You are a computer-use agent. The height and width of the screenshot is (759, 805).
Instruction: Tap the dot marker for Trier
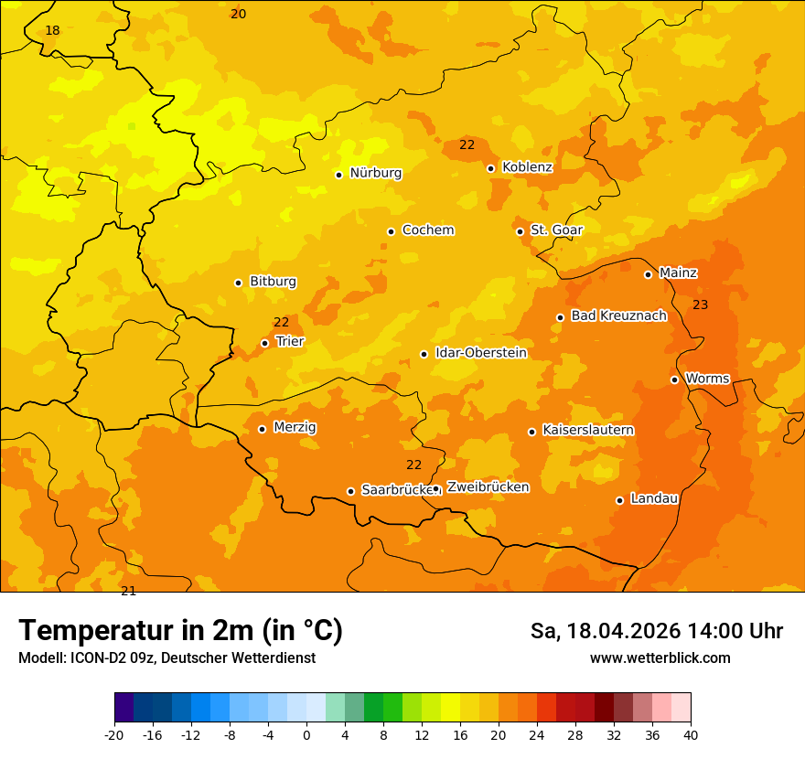tap(264, 343)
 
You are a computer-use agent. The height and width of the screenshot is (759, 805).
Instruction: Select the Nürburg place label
tap(375, 173)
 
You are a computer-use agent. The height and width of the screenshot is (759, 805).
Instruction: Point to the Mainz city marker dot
tap(648, 274)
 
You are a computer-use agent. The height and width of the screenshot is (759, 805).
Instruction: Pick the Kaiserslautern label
tap(588, 430)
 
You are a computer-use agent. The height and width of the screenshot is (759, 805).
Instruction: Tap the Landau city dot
tap(619, 500)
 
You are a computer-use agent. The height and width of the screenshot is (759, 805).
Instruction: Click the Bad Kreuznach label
tap(618, 315)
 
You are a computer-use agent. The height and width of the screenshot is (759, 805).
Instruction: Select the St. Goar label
tap(556, 230)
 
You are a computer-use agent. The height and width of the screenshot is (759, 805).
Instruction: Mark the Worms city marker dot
tap(674, 379)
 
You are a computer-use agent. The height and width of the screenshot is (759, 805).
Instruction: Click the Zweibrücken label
tap(488, 487)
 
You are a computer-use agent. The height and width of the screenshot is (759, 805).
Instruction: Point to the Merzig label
tap(295, 427)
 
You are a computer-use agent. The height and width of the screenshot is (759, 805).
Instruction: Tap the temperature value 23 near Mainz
tap(700, 305)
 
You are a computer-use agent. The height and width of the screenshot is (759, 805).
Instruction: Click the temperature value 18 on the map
tap(52, 30)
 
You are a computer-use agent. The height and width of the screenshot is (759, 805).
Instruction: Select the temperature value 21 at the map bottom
tap(128, 591)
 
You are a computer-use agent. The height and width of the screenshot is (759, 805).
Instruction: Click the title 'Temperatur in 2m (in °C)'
tap(180, 630)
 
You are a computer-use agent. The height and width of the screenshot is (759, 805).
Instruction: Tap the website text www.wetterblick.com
tap(660, 657)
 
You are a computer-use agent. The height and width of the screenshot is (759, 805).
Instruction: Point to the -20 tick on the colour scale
tap(114, 734)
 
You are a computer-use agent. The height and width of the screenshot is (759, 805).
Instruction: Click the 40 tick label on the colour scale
tap(691, 734)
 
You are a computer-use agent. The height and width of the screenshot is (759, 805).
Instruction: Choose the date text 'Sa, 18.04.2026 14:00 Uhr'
tap(656, 631)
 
